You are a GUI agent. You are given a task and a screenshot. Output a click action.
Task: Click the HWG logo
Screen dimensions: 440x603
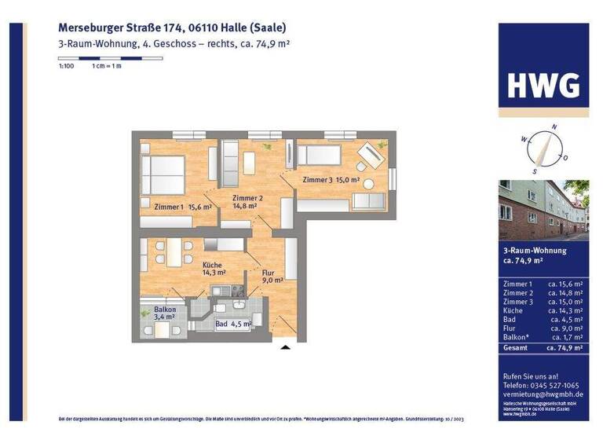[x=543, y=83]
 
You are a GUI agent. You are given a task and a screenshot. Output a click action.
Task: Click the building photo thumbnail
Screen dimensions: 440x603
[x=543, y=210]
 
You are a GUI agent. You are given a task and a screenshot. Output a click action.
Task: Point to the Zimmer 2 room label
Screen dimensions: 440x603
[x=247, y=202]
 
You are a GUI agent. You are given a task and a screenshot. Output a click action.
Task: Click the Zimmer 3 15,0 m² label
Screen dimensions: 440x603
[x=331, y=180]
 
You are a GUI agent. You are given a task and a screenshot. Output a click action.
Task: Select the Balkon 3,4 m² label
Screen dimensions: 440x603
[x=165, y=313]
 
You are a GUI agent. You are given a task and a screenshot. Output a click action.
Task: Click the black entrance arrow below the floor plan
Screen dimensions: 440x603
[x=286, y=346]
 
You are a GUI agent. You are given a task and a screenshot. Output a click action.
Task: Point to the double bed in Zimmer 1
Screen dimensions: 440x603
[x=163, y=172]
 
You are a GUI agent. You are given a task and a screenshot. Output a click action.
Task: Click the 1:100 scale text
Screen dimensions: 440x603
[x=66, y=67]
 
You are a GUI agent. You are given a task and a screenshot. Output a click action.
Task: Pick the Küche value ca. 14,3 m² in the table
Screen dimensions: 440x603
[x=565, y=310]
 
